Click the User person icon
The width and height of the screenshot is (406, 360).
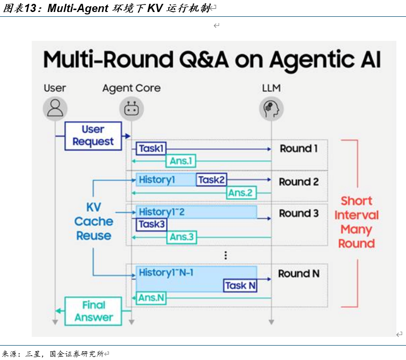(x=55, y=108)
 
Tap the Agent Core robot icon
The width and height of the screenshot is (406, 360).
(x=131, y=108)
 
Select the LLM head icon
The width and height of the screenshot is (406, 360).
(x=271, y=108)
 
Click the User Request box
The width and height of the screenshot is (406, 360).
(x=93, y=136)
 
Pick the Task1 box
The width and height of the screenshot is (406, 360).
(x=151, y=149)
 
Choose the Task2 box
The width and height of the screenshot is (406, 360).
(x=211, y=180)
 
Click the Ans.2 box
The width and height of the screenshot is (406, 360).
(x=241, y=193)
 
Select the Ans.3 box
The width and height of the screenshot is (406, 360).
(x=182, y=237)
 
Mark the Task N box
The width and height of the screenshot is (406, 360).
(x=240, y=286)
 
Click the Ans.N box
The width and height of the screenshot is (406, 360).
(x=151, y=298)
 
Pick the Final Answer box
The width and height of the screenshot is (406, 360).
(x=93, y=311)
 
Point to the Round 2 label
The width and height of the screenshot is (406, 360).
(x=299, y=182)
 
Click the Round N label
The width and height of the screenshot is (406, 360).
(x=299, y=274)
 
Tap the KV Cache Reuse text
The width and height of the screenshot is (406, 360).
(x=94, y=222)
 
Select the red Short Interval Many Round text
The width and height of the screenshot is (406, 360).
(x=357, y=222)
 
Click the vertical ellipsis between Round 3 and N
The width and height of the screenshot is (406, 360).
(x=225, y=255)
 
